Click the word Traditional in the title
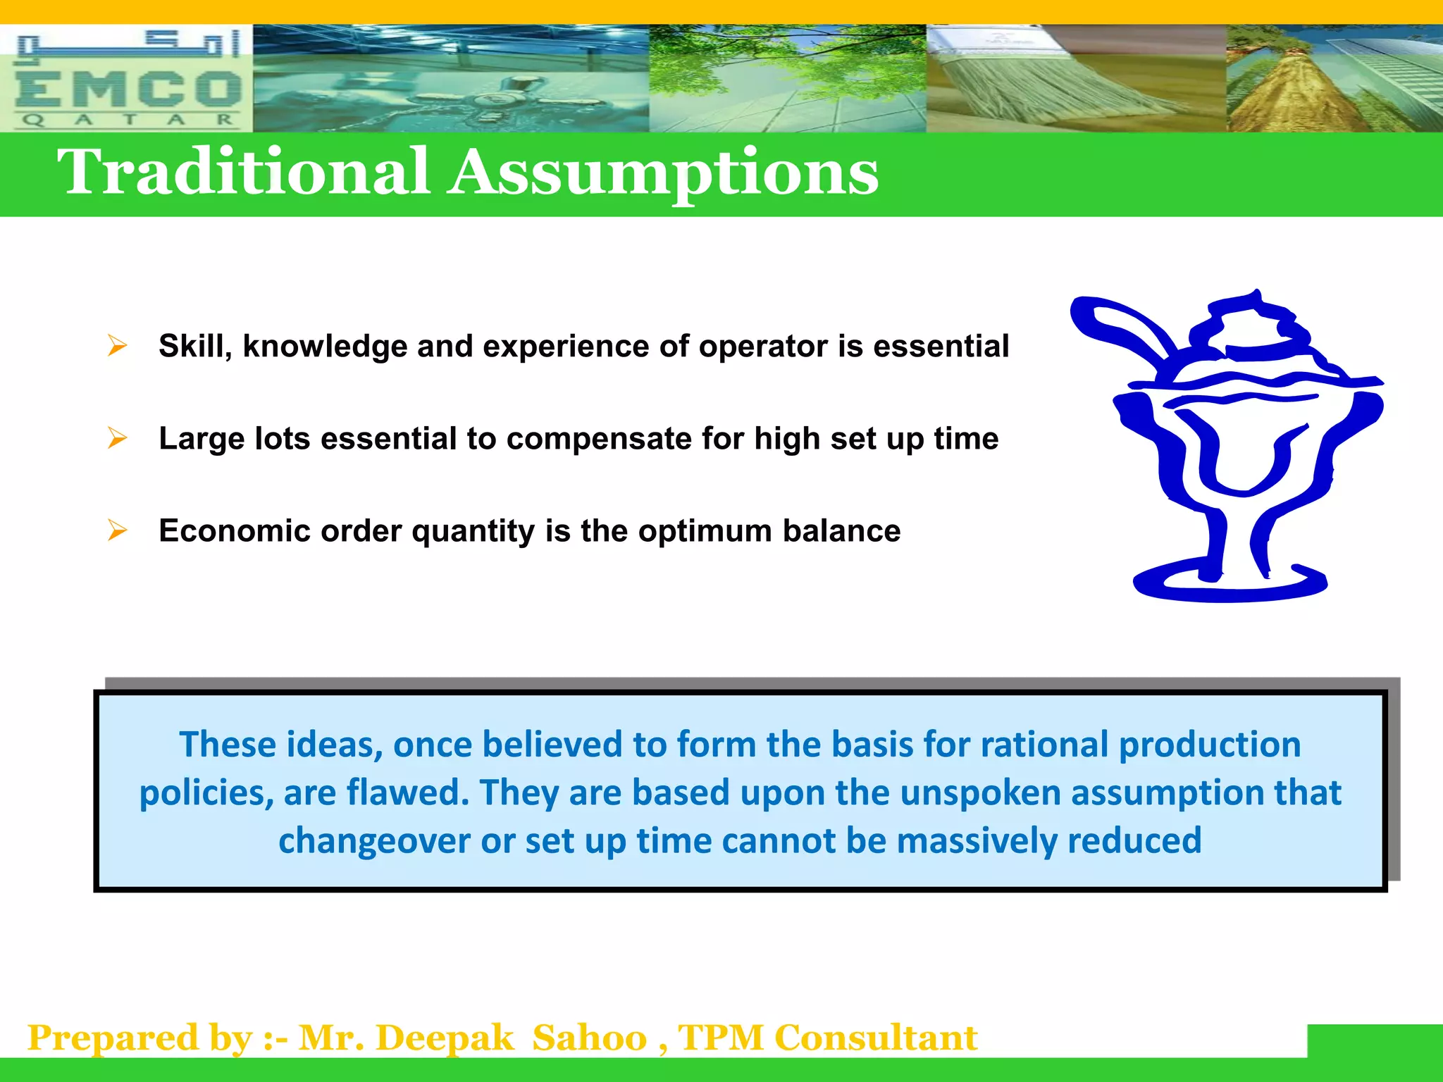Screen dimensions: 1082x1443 tap(243, 173)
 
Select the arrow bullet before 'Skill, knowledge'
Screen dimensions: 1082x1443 tap(117, 346)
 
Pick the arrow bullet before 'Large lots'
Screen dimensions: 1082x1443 tap(117, 438)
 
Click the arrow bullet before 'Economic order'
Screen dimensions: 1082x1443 tap(117, 530)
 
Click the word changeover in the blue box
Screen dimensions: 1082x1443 tap(374, 841)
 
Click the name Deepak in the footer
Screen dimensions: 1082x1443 tap(445, 1038)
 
